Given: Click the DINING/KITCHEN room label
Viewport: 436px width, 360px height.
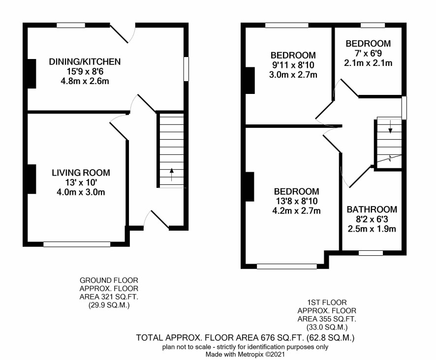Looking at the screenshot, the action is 85,61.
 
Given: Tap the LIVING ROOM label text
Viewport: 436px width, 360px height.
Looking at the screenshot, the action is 81,173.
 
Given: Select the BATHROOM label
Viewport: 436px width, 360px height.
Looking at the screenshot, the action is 372,210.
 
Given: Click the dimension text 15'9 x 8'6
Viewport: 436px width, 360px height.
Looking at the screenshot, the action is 85,71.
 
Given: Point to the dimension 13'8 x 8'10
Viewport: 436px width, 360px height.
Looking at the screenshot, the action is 296,201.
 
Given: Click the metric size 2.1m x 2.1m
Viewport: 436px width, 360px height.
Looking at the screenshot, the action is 368,63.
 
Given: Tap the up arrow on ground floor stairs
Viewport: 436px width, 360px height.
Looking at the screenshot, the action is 172,174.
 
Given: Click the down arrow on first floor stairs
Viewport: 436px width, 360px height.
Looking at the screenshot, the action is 390,126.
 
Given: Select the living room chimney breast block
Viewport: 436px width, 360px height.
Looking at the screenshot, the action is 31,179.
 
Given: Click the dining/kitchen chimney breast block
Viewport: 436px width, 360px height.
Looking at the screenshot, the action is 31,74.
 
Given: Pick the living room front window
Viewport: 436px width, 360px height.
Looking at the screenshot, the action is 77,244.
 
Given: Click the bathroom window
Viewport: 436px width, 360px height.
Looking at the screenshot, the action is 371,253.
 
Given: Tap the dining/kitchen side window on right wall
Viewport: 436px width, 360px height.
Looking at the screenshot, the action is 187,69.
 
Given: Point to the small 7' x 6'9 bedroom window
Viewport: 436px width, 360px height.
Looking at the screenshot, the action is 373,25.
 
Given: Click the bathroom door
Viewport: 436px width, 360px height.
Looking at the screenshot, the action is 360,177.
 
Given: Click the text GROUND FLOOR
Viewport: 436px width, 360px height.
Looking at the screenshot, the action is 109,280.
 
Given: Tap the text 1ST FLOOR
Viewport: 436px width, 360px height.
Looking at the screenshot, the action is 327,302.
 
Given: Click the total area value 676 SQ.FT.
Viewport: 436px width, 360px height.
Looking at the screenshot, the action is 282,338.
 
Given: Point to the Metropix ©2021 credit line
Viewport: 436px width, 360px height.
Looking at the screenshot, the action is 245,355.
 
